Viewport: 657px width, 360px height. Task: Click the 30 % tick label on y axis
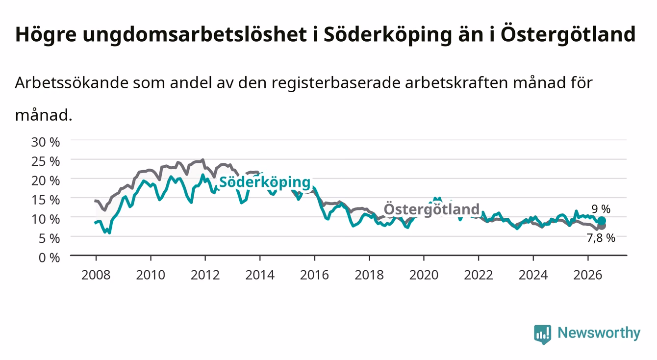[x=46, y=142]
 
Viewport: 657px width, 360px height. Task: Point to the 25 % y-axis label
[x=46, y=162]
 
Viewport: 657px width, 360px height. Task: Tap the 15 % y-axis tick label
[x=46, y=200]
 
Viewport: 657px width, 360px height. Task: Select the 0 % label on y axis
[x=49, y=258]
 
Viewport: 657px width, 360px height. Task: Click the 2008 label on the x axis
[x=96, y=275]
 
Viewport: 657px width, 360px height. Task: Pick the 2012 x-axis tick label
[x=205, y=275]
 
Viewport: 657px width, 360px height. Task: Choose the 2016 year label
[x=314, y=275]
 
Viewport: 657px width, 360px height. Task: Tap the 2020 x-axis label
[x=424, y=275]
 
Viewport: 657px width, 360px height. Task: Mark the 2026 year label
[x=588, y=275]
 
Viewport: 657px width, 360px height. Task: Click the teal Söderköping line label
[x=265, y=182]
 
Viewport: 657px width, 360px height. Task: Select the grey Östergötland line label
[x=431, y=209]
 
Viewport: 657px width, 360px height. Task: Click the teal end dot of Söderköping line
[x=602, y=221]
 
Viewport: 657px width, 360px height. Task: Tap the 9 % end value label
[x=601, y=209]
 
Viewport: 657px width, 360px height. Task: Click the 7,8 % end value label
[x=601, y=238]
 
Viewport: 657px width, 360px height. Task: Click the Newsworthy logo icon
[x=543, y=334]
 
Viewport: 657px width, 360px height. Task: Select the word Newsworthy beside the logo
[x=599, y=333]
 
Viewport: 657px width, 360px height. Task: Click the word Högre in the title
[x=46, y=35]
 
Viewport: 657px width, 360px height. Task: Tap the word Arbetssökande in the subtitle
[x=72, y=83]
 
